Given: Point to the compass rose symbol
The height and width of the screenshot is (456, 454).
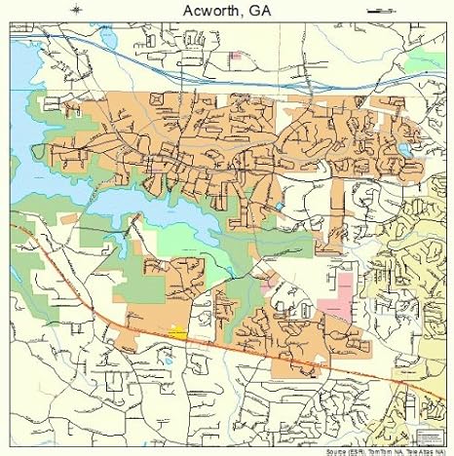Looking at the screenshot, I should pos(76,10).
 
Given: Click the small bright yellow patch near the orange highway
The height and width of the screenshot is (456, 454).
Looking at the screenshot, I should pos(177,332).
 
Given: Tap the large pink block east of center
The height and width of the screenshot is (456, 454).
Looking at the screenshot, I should pos(338,297).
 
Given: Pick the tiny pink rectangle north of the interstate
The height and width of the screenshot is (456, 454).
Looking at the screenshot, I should pos(235,56).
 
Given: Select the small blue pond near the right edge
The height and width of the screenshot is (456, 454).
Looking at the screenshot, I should pos(402,149).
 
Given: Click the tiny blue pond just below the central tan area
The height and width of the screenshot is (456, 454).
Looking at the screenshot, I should pos(281,207).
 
